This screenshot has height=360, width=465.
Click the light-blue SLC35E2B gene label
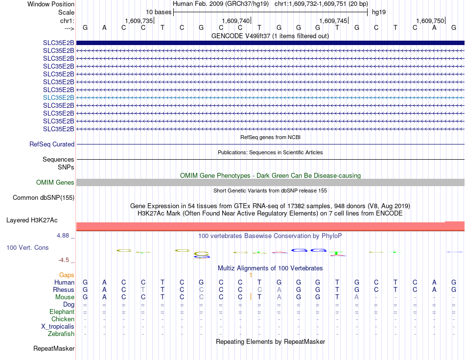click(59, 97)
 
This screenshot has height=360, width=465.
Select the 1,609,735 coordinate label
click(139, 21)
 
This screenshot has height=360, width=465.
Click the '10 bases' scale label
click(159, 12)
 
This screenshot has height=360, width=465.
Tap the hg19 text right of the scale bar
click(379, 12)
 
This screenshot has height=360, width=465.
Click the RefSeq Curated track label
click(52, 144)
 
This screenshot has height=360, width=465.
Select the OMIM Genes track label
click(55, 183)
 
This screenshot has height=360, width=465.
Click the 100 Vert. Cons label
click(27, 248)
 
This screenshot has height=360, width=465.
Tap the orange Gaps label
click(67, 275)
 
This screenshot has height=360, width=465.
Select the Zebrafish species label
click(62, 334)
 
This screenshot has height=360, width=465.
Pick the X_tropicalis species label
click(58, 327)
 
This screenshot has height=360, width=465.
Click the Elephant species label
click(62, 312)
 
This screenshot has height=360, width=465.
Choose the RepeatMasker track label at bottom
click(54, 349)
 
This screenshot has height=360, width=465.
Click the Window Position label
click(51, 4)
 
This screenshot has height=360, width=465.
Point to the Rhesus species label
click(64, 290)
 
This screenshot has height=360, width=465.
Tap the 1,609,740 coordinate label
click(236, 21)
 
